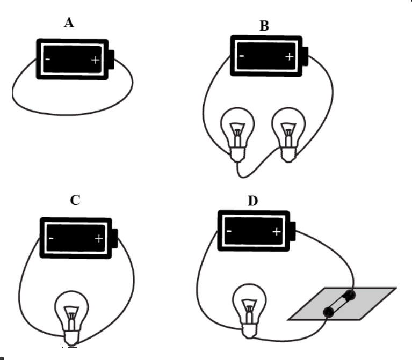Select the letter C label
click(75, 201)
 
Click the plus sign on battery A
click(96, 61)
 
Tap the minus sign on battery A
click(48, 59)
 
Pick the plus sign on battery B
click(289, 56)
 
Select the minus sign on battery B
click(242, 55)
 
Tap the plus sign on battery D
click(276, 232)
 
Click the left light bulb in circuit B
click(237, 131)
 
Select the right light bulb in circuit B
click(289, 131)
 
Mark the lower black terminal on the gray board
click(329, 311)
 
